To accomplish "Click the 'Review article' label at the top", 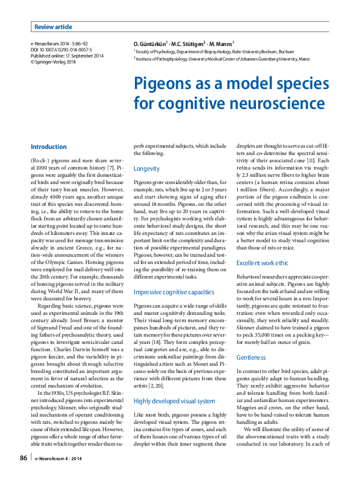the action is click(53, 27).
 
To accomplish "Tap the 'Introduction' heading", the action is click(48, 147).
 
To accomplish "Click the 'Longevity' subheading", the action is click(146, 168).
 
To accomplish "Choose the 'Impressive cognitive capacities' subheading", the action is click(174, 292).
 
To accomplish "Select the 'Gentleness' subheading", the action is click(250, 357).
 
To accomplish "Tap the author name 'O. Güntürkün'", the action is click(152, 44).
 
